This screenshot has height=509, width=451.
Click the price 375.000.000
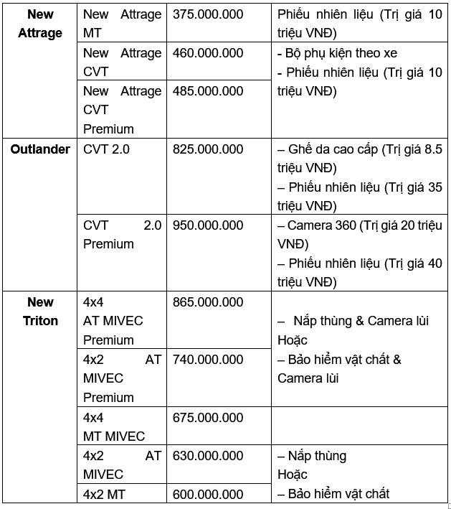[x=208, y=14]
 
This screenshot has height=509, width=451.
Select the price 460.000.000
[x=208, y=53]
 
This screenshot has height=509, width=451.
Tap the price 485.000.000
[x=208, y=91]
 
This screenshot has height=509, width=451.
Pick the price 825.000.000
[x=208, y=149]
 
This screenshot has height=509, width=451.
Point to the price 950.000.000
[x=208, y=225]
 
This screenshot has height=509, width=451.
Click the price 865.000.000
[x=208, y=302]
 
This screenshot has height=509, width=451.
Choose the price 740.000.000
[x=208, y=359]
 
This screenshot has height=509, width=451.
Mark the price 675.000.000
[x=208, y=418]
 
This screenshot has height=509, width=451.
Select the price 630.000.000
[x=208, y=456]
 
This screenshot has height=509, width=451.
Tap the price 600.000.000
[x=208, y=495]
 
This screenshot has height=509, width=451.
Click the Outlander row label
[x=40, y=149]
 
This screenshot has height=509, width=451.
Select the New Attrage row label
[x=40, y=24]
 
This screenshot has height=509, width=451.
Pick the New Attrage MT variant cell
[x=122, y=24]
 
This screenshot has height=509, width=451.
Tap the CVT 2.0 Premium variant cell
[x=122, y=235]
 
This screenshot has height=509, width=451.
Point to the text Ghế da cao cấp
[x=333, y=149]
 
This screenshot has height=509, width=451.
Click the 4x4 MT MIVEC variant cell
[x=114, y=427]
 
